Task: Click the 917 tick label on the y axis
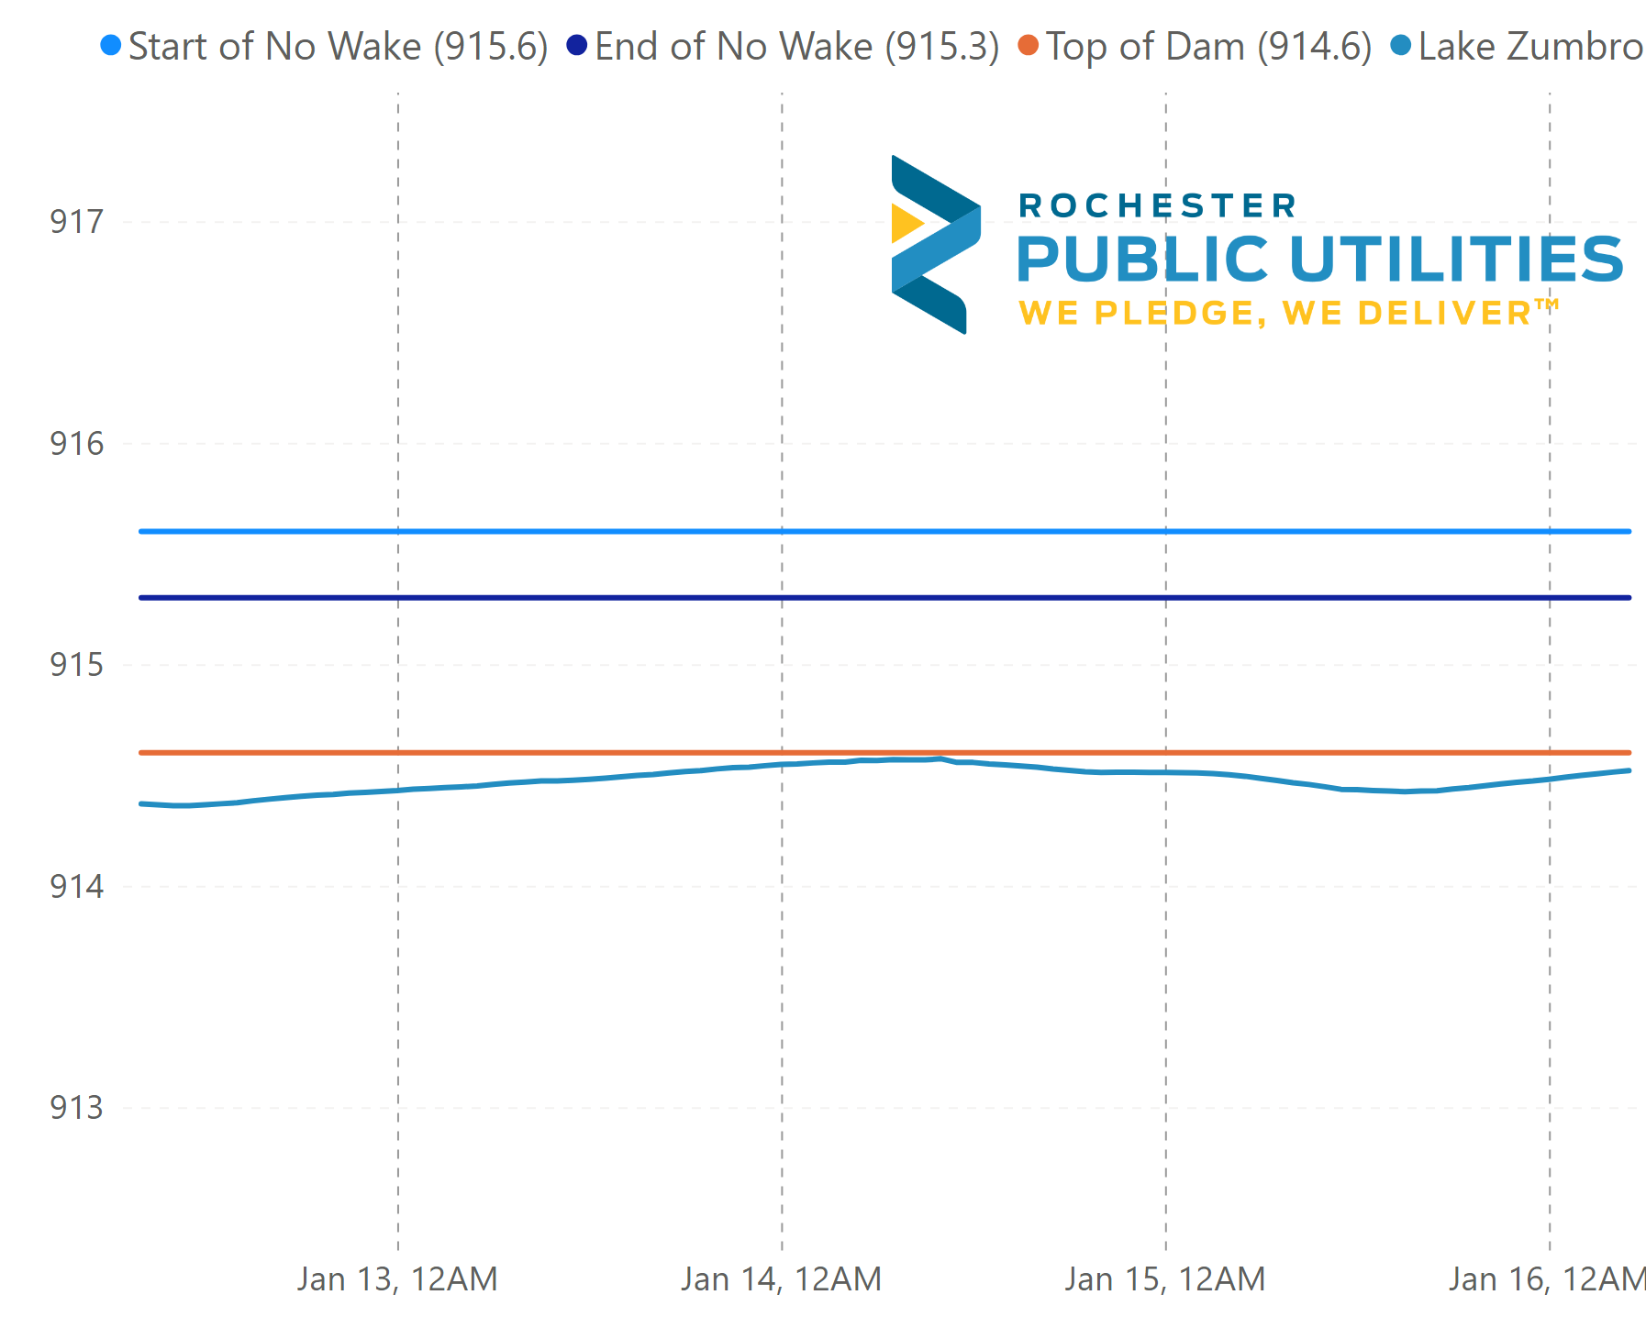point(77,222)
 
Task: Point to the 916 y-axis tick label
point(77,444)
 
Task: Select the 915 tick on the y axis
point(77,665)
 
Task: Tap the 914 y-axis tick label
point(77,887)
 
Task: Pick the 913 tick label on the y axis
point(77,1108)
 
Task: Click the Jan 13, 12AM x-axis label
point(397,1278)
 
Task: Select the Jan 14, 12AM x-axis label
point(781,1278)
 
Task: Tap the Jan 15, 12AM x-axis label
point(1165,1278)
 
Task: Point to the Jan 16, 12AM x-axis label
point(1547,1278)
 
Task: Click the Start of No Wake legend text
point(338,47)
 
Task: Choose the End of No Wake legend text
point(796,47)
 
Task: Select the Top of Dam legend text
point(1208,47)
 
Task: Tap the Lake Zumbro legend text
point(1530,47)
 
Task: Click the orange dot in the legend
point(1029,45)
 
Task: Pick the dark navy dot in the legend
point(576,45)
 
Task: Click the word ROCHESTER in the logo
point(1158,206)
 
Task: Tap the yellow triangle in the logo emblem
point(906,223)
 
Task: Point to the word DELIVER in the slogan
point(1444,314)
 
